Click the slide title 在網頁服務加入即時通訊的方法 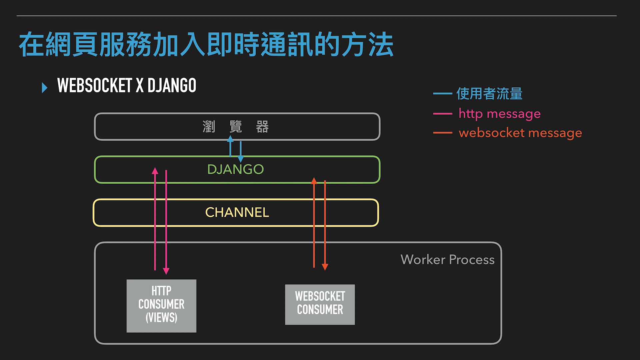(x=206, y=44)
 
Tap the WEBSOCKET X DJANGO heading (x=127, y=85)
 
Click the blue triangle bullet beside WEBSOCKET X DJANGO (x=45, y=88)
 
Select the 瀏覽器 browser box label (x=236, y=127)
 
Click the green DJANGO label (x=235, y=169)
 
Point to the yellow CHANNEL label (x=237, y=212)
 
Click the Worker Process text (x=447, y=259)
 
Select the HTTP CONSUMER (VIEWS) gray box (x=161, y=306)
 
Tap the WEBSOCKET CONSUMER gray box (x=320, y=304)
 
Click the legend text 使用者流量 (x=489, y=94)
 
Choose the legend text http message (x=499, y=114)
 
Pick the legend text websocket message (x=520, y=133)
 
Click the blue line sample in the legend (x=442, y=94)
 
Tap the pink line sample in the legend (x=442, y=114)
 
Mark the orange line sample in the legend (x=442, y=133)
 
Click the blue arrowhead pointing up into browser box (x=230, y=139)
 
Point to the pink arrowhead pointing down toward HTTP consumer (x=166, y=271)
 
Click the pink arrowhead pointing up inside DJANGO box (x=155, y=171)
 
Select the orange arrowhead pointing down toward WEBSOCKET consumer (x=325, y=267)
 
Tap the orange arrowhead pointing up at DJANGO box (x=314, y=181)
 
